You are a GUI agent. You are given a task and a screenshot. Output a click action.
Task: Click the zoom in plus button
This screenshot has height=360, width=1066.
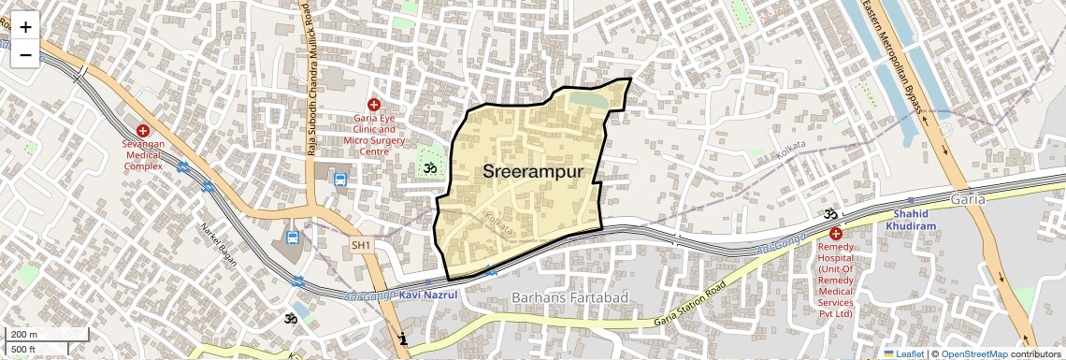25,26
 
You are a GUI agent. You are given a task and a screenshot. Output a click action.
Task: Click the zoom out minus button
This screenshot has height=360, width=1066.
25,54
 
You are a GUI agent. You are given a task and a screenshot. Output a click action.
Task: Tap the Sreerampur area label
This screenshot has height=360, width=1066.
533,171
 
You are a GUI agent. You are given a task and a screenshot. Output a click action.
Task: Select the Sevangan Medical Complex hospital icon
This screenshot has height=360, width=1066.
143,133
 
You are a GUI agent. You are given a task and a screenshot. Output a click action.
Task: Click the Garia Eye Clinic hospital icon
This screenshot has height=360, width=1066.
374,106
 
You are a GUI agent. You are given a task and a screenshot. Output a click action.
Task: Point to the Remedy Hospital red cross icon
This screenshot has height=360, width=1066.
835,233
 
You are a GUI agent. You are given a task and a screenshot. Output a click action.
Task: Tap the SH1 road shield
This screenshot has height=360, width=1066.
362,245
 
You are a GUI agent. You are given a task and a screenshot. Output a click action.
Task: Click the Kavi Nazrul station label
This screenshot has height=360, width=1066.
428,295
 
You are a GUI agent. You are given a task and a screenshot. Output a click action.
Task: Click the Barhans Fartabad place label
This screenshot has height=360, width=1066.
569,297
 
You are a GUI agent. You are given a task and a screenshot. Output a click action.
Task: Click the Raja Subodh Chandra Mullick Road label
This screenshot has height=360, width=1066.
310,79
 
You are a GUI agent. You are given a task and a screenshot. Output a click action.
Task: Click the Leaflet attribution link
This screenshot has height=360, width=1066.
904,353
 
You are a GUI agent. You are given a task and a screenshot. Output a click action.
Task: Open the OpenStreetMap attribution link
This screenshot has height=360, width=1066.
973,353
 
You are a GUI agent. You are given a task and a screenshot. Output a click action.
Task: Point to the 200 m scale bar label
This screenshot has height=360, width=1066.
25,334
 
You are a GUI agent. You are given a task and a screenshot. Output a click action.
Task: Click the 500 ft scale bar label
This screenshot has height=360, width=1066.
24,349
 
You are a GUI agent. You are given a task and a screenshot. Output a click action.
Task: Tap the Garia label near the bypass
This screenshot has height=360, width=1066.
968,200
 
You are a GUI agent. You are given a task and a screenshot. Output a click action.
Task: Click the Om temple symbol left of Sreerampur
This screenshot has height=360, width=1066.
431,168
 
